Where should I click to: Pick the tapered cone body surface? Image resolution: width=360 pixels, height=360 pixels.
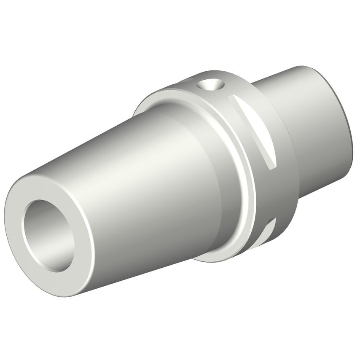[139, 169]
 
